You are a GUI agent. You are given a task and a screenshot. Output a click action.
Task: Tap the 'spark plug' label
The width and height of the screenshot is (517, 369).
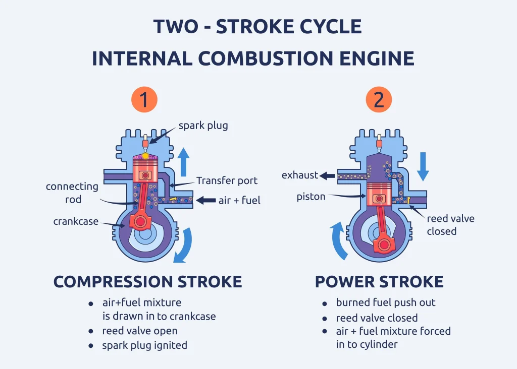(203, 126)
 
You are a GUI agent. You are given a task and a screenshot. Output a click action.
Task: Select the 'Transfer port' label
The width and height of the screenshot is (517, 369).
(227, 180)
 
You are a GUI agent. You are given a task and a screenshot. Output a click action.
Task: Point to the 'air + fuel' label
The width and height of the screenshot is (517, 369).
(239, 201)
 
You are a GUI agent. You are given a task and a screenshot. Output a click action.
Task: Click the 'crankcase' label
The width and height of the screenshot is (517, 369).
(76, 221)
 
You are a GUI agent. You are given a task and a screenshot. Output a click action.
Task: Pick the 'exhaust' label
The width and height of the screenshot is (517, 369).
(300, 175)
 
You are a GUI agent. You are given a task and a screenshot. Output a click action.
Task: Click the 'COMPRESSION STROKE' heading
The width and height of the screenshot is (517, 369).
(147, 282)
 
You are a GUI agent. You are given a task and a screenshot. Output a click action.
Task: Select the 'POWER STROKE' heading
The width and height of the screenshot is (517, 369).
(379, 282)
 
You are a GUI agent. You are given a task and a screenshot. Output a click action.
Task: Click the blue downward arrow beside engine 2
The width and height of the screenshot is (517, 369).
(423, 167)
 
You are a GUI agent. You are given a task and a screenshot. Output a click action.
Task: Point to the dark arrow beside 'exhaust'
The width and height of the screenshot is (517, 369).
(328, 175)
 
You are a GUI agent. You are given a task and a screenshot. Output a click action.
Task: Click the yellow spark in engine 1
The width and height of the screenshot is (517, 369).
(145, 156)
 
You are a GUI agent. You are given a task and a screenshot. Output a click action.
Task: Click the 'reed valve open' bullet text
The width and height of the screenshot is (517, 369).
(140, 331)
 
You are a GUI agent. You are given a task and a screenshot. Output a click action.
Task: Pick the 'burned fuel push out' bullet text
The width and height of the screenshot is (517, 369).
(386, 303)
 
